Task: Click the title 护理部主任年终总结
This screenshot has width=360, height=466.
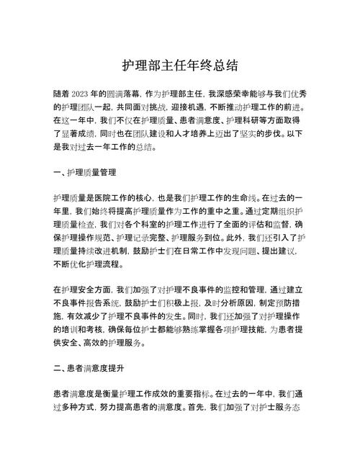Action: point(180,66)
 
